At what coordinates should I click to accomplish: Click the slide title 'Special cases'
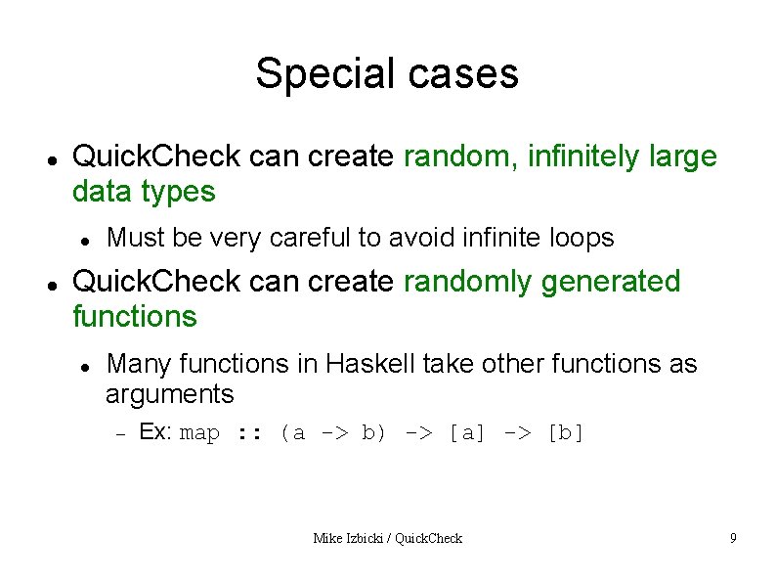click(387, 73)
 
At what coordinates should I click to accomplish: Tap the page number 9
click(732, 538)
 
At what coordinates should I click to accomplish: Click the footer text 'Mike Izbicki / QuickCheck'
click(387, 538)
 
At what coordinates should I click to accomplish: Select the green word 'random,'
click(461, 157)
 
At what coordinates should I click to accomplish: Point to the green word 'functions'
click(135, 317)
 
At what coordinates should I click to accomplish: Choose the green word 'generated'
click(610, 282)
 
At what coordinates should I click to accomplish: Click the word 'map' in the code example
click(200, 433)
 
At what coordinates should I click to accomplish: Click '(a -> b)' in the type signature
click(332, 433)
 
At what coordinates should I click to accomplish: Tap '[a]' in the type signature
click(466, 433)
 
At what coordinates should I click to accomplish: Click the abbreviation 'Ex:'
click(156, 432)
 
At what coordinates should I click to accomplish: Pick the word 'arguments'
click(170, 394)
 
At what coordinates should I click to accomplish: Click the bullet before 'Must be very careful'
click(86, 239)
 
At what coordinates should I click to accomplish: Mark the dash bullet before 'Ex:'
click(121, 433)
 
